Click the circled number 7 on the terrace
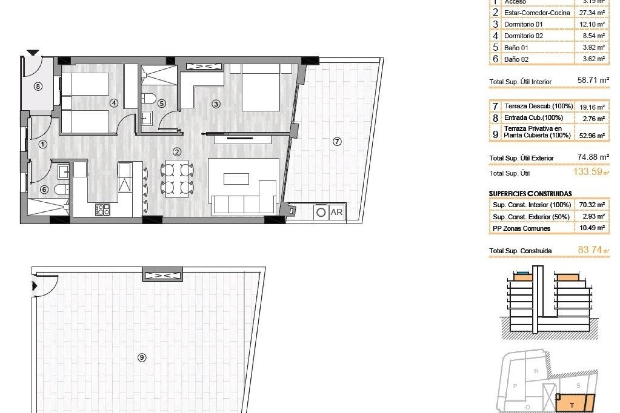[337, 141]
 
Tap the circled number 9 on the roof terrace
[142, 357]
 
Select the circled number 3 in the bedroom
[216, 104]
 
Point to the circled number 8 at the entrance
[38, 86]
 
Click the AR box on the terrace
[336, 212]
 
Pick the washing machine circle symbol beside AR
[321, 213]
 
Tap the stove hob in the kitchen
[103, 210]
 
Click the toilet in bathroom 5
[149, 98]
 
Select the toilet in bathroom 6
[61, 189]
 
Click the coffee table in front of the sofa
[236, 179]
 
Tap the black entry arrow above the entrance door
[33, 52]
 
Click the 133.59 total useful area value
[588, 172]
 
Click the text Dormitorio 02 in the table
[523, 36]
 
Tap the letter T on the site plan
[572, 405]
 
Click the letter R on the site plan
[536, 371]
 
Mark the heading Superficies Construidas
[530, 194]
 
